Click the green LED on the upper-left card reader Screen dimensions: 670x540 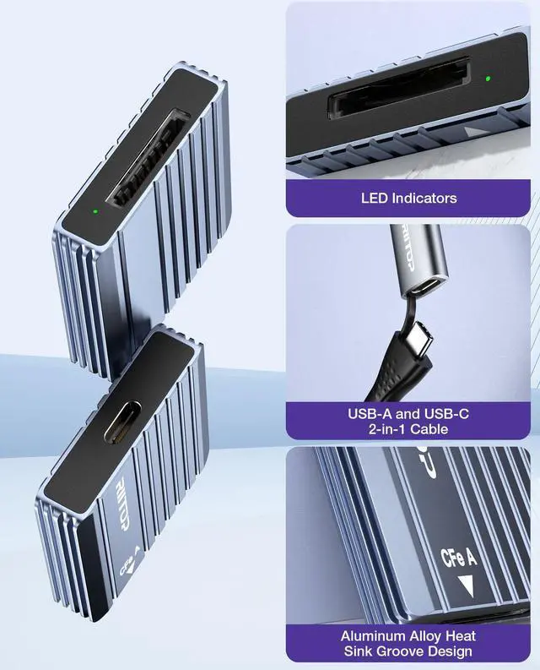click(95, 211)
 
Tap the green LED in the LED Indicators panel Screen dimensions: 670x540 click(489, 80)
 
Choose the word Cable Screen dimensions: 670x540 click(432, 430)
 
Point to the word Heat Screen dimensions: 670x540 click(458, 635)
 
